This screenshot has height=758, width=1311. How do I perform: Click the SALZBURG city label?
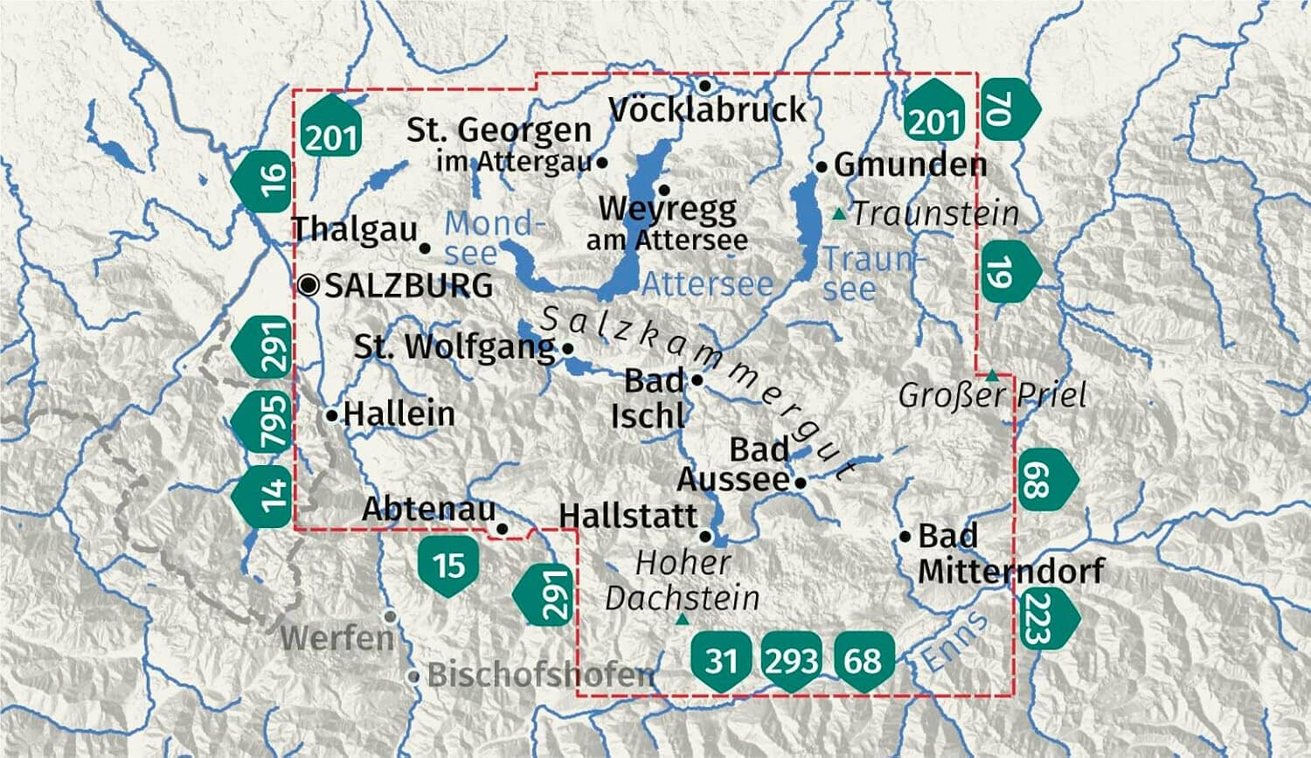click(x=408, y=286)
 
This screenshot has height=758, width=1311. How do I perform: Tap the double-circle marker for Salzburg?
click(x=309, y=285)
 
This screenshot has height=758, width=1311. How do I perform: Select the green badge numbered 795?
click(x=265, y=421)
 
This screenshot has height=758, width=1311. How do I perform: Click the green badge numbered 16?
click(x=264, y=180)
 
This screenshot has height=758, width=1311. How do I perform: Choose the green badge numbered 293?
click(x=791, y=660)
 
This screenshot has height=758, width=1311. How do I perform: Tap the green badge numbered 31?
click(x=721, y=660)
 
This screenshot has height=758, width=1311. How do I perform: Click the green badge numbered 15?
click(x=449, y=565)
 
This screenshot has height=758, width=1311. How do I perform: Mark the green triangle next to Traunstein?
click(x=839, y=213)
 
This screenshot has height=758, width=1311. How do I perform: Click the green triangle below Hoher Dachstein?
click(x=683, y=620)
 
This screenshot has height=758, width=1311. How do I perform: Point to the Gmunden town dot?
click(x=822, y=166)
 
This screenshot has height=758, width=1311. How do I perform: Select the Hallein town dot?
click(x=331, y=415)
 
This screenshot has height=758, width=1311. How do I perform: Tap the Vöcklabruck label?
click(x=707, y=110)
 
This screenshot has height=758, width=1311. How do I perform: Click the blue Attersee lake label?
click(x=708, y=284)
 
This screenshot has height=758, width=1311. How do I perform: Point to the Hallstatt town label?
click(x=628, y=516)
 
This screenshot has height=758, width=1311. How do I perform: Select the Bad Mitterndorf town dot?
click(x=905, y=536)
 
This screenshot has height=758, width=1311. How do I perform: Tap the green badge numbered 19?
click(x=1007, y=273)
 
